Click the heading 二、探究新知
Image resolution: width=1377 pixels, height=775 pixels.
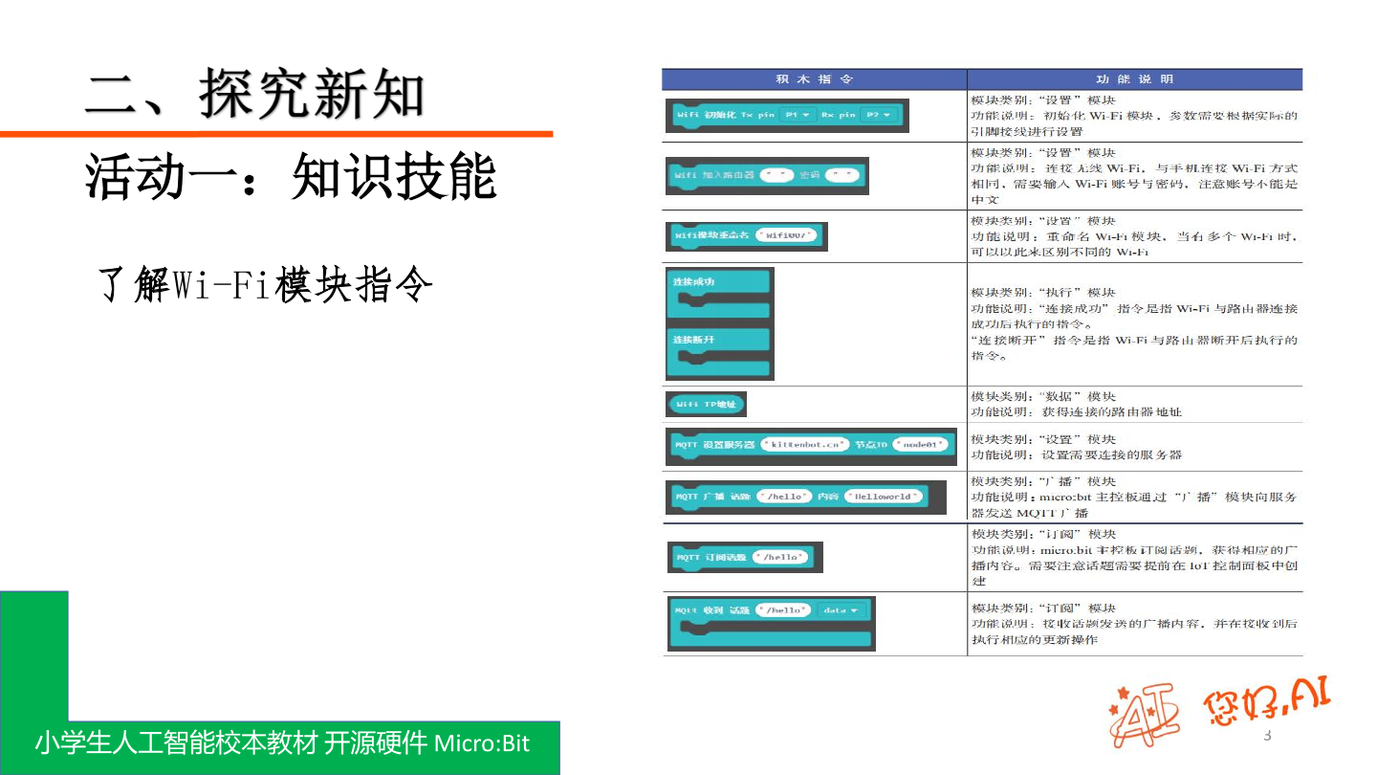[254, 94]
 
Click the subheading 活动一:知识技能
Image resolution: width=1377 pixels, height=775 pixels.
[291, 177]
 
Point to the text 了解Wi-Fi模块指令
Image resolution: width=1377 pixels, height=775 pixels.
[265, 285]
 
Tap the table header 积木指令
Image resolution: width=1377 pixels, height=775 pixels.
[813, 79]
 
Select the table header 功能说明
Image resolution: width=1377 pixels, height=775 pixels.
[1134, 79]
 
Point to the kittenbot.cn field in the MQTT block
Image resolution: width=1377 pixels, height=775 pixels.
[804, 445]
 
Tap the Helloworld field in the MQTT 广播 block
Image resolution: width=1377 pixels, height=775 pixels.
[884, 497]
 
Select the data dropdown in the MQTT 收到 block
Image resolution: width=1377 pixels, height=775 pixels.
[841, 609]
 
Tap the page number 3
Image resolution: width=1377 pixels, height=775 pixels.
[1268, 736]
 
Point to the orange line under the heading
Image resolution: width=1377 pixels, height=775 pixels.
[276, 134]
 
